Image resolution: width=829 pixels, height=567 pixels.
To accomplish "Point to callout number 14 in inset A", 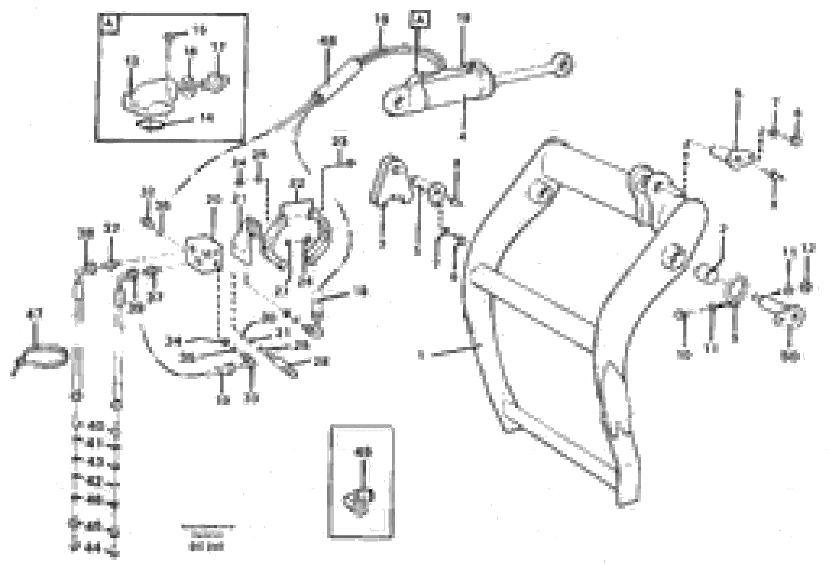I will click(206, 118).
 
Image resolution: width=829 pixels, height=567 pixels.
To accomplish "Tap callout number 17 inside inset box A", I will click(218, 47).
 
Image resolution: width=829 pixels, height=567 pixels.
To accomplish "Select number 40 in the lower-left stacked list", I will click(95, 426).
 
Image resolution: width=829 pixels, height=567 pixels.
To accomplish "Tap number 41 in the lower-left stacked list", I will click(95, 444).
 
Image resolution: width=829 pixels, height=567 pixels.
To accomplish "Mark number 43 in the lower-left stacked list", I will click(95, 462).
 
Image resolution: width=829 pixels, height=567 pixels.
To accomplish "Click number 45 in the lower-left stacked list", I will click(95, 526).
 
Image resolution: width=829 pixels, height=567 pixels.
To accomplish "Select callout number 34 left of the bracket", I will click(174, 342).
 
